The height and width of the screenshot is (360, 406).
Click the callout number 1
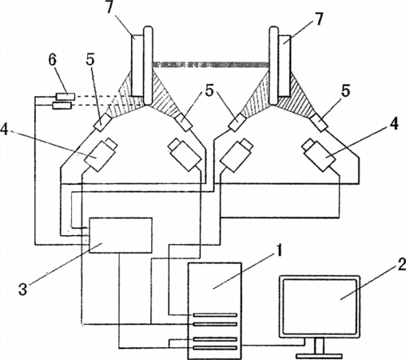pyautogui.click(x=278, y=250)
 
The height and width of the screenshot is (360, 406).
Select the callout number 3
pyautogui.click(x=22, y=289)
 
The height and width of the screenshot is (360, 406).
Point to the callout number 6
pyautogui.click(x=53, y=60)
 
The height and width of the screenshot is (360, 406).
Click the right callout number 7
pyautogui.click(x=319, y=19)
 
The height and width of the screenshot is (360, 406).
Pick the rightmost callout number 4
pyautogui.click(x=394, y=124)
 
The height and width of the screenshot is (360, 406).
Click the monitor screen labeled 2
pyautogui.click(x=320, y=306)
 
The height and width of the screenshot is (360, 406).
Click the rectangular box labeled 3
pyautogui.click(x=121, y=235)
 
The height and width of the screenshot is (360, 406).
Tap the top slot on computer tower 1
pyautogui.click(x=215, y=315)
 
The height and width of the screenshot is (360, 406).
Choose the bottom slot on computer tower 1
pyautogui.click(x=215, y=348)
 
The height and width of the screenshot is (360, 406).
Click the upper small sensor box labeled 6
pyautogui.click(x=66, y=96)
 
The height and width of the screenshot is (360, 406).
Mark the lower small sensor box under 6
pyautogui.click(x=62, y=106)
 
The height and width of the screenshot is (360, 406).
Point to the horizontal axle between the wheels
pyautogui.click(x=211, y=64)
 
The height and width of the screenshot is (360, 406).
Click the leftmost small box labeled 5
pyautogui.click(x=103, y=122)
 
